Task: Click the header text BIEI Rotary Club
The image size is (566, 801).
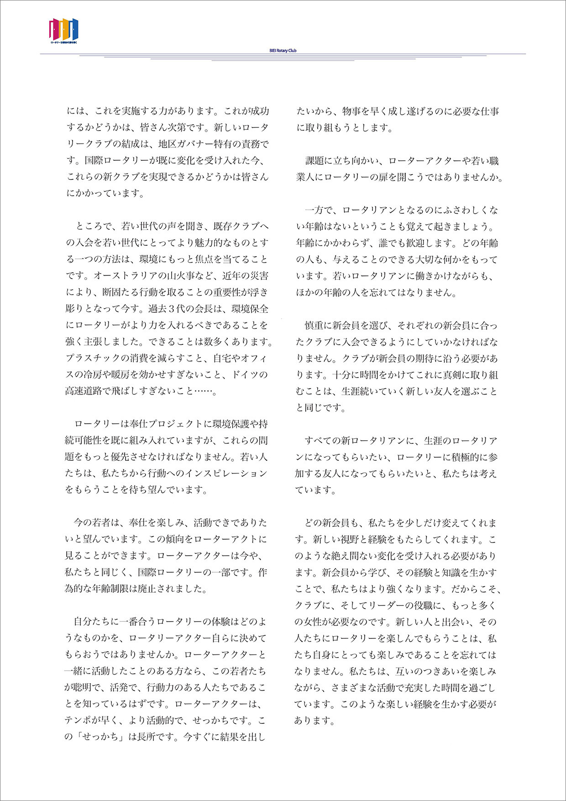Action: point(283,51)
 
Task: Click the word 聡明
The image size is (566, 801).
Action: point(84,687)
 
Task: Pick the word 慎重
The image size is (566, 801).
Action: point(314,325)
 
